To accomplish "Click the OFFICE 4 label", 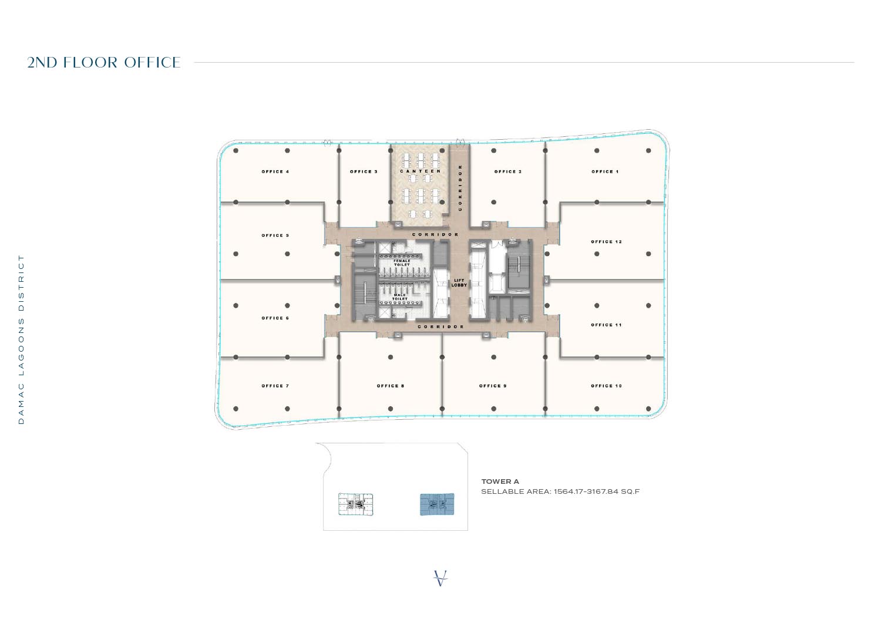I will [275, 171].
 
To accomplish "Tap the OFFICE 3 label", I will [364, 171].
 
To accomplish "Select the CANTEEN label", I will [421, 171].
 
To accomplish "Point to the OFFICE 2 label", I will [508, 171].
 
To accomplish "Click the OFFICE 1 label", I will [605, 171].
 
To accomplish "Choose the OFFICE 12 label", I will [606, 241].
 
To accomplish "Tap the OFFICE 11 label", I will [606, 325].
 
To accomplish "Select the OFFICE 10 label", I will [606, 386].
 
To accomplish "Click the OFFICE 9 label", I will [493, 386].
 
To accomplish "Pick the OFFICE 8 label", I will [391, 386].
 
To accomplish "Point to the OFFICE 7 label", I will [275, 386].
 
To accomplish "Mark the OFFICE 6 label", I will [275, 318].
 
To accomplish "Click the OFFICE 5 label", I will [275, 235].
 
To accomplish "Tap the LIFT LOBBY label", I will [459, 283].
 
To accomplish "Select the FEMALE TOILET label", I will [402, 263].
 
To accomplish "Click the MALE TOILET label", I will [400, 297].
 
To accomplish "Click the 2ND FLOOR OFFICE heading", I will [104, 62].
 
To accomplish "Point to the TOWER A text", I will [500, 481].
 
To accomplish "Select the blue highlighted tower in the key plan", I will [437, 504].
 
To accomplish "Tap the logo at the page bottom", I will [441, 578].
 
